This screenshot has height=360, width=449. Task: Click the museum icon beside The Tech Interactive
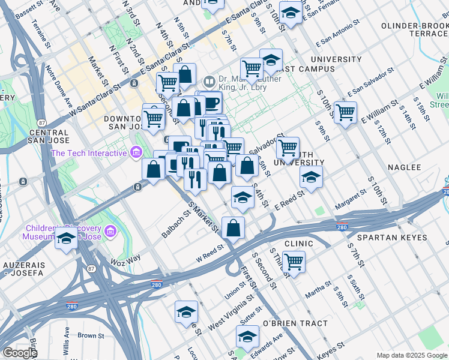tap(136, 153)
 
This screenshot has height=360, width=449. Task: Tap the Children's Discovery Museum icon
tap(110, 231)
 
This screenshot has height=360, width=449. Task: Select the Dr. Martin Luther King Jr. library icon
tap(209, 81)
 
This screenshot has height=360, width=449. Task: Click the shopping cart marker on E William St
tap(345, 112)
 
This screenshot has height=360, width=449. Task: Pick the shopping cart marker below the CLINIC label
tap(294, 262)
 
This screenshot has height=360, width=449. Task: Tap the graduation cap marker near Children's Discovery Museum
tap(66, 238)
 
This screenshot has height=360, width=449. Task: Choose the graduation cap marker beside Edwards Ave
tap(247, 337)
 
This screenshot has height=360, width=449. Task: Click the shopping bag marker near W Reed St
tap(233, 228)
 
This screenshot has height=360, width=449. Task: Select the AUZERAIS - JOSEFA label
tap(23, 268)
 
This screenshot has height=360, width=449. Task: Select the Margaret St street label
tap(351, 198)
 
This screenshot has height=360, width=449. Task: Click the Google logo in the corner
tap(20, 353)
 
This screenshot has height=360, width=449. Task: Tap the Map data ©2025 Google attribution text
tap(411, 355)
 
